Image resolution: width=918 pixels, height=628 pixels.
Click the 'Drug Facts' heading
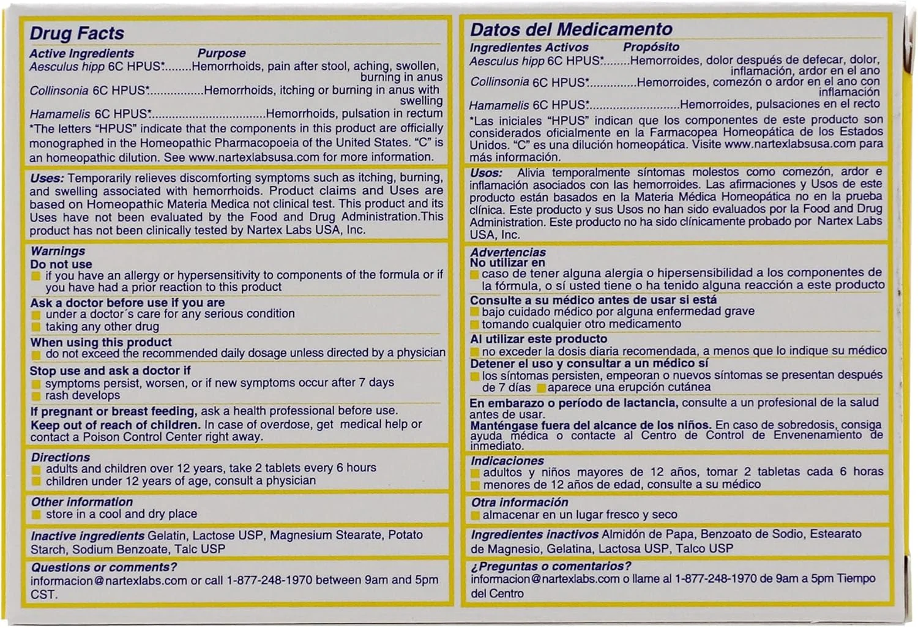tap(76, 33)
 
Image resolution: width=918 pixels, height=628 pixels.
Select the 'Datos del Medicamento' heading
tap(570, 29)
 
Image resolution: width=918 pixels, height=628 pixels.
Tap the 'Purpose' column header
tap(221, 53)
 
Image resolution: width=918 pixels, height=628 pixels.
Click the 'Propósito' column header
tap(651, 47)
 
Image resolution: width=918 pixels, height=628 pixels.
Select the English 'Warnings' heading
tap(58, 251)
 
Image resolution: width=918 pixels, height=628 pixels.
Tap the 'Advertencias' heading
tap(507, 252)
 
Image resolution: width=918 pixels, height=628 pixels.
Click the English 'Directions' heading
tap(60, 457)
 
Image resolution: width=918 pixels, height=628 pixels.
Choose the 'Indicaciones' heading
tap(507, 461)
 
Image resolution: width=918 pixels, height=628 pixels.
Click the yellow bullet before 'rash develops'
tap(36, 396)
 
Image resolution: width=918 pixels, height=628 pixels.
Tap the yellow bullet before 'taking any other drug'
tap(36, 327)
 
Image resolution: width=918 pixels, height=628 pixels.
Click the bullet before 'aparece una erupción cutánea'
tap(541, 388)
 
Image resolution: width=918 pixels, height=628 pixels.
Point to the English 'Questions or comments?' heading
tap(103, 567)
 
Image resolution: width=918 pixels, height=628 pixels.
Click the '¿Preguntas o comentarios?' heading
tap(551, 566)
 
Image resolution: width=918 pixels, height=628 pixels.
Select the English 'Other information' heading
tap(81, 502)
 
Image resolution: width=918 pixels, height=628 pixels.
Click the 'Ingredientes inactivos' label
tap(534, 534)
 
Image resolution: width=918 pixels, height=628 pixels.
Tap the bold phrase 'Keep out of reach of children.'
tap(115, 424)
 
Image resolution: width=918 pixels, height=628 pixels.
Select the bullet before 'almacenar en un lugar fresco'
tap(475, 515)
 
